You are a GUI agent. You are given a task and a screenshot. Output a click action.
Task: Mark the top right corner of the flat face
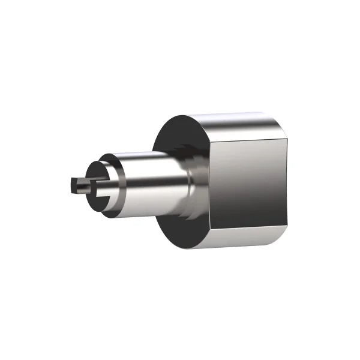286,137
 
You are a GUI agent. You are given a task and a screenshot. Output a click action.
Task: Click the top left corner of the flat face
210,139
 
